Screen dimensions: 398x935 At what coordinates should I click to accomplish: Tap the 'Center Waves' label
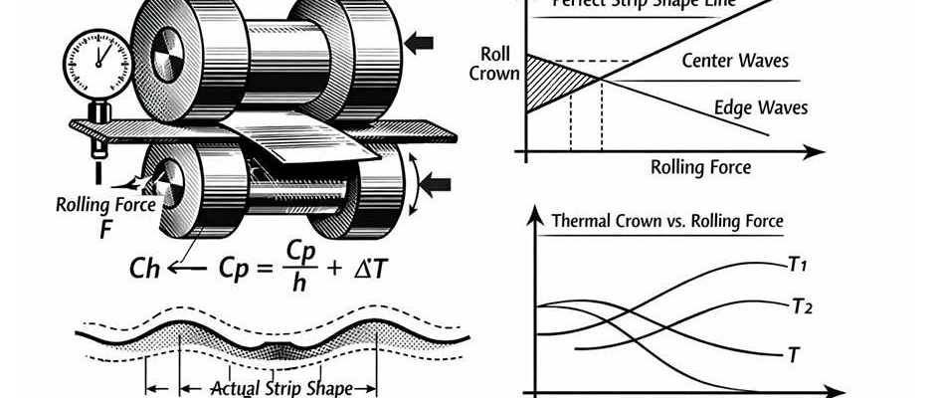pyautogui.click(x=735, y=62)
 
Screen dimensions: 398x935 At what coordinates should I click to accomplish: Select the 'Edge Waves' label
pyautogui.click(x=761, y=107)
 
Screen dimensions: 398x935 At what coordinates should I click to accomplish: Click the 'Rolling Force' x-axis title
pyautogui.click(x=700, y=166)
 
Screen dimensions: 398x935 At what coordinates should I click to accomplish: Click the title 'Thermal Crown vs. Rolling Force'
pyautogui.click(x=666, y=220)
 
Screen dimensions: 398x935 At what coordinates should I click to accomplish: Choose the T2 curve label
pyautogui.click(x=803, y=306)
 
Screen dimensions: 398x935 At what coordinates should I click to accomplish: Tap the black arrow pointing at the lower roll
pyautogui.click(x=437, y=183)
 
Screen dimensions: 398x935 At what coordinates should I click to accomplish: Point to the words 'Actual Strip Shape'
pyautogui.click(x=281, y=387)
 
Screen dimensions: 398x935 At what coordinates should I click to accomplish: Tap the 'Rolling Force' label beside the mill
pyautogui.click(x=104, y=205)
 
